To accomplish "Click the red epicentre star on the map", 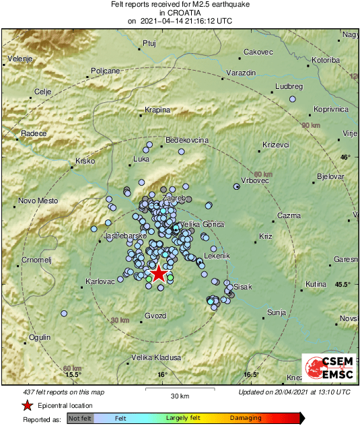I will (158, 273).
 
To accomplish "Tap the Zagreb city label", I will (174, 199).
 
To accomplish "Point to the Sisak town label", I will (242, 287).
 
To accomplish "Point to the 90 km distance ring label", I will (311, 126).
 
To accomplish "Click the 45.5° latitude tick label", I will (343, 284).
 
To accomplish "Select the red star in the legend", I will (27, 405).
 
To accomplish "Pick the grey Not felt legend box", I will (81, 418).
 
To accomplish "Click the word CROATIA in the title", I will (179, 13).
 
